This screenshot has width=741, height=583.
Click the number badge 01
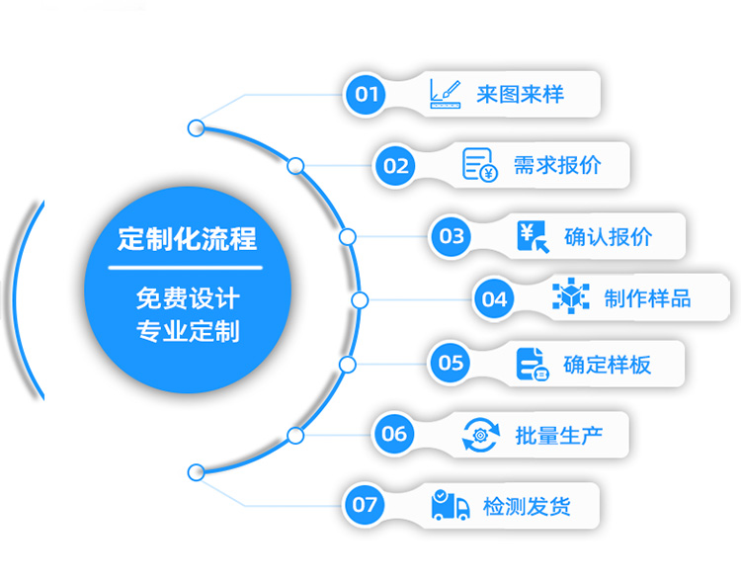pyautogui.click(x=367, y=95)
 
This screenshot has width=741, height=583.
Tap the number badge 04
pyautogui.click(x=494, y=298)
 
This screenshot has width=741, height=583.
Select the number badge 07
pyautogui.click(x=365, y=505)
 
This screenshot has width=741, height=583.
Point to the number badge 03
pyautogui.click(x=452, y=236)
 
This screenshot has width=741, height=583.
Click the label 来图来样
pyautogui.click(x=520, y=95)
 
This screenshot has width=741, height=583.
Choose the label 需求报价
pyautogui.click(x=557, y=165)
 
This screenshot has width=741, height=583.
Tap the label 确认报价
pyautogui.click(x=608, y=236)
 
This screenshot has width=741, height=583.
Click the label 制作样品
pyautogui.click(x=647, y=298)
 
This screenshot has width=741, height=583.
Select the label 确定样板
pyautogui.click(x=607, y=364)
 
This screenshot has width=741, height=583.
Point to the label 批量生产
pyautogui.click(x=558, y=434)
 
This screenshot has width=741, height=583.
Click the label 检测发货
pyautogui.click(x=527, y=506)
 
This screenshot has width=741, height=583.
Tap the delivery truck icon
pyautogui.click(x=451, y=505)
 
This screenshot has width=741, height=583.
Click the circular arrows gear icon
pyautogui.click(x=481, y=434)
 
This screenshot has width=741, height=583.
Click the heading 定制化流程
pyautogui.click(x=187, y=238)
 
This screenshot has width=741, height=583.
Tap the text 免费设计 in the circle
pyautogui.click(x=187, y=296)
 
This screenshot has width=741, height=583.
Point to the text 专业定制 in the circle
pyautogui.click(x=187, y=330)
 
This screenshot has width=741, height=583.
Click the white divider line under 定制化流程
pyautogui.click(x=187, y=268)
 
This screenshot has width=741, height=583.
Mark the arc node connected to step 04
pyautogui.click(x=360, y=299)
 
